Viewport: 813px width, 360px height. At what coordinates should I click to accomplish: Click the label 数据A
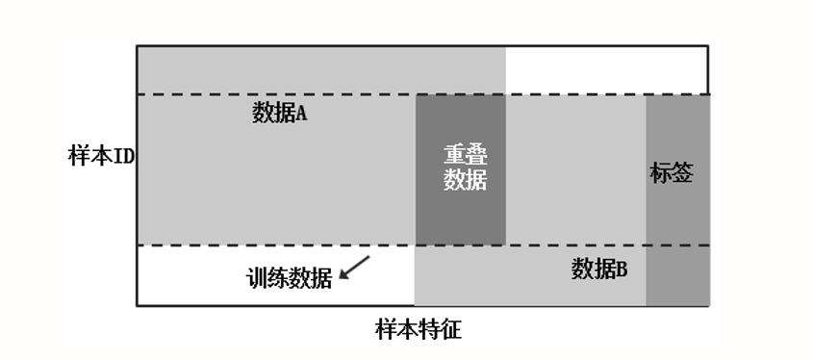point(279,114)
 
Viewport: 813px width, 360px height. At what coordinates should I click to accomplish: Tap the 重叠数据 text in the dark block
point(465,167)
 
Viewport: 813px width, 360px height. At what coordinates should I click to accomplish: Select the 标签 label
point(672,174)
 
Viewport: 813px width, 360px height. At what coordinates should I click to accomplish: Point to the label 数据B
point(599,269)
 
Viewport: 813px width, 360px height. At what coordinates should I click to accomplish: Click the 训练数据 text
point(290,278)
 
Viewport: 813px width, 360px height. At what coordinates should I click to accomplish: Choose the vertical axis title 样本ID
point(101,156)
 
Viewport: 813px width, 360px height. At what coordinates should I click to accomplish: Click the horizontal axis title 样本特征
point(419,331)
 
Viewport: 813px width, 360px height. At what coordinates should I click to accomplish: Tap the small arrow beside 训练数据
point(355,267)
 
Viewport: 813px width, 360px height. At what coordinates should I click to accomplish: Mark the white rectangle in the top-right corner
point(606,69)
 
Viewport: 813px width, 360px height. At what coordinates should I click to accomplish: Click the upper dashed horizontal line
point(289,94)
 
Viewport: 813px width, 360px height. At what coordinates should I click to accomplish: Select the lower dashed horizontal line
point(289,245)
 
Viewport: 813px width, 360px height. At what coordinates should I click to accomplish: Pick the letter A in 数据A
point(300,114)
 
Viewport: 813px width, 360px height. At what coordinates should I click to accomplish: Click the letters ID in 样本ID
point(124,156)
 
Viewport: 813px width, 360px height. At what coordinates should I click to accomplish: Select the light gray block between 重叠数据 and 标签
point(575,169)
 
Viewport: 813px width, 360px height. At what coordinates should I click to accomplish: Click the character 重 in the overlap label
point(454,155)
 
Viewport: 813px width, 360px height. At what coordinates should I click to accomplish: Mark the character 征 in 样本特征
point(450,331)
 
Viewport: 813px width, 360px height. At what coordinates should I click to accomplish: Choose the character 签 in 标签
point(682,174)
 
